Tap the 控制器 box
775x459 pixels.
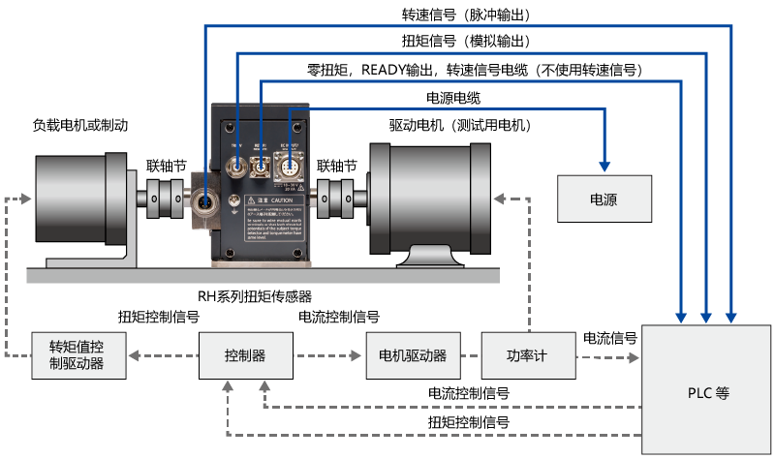(x=244, y=355)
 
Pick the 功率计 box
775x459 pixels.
(x=528, y=355)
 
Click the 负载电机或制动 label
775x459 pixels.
(x=80, y=125)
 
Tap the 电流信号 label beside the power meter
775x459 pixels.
(x=609, y=338)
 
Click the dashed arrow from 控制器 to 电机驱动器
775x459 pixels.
(x=329, y=356)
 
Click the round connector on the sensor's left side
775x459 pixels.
(x=206, y=205)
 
